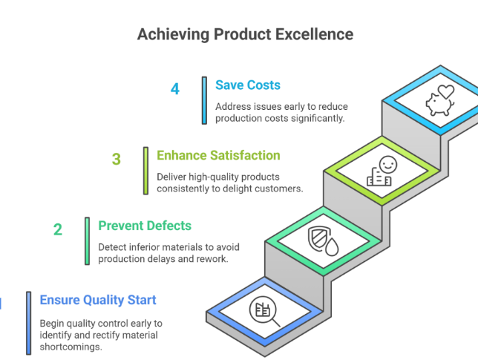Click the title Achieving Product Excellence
245,34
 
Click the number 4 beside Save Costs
175,89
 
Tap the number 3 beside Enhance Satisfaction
117,160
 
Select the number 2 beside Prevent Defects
58,230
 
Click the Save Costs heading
248,85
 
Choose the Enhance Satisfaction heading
218,155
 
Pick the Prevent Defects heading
145,226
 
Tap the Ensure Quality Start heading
98,300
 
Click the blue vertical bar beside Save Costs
204,100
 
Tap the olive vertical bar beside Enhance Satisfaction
145,171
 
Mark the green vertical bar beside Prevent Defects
87,241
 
